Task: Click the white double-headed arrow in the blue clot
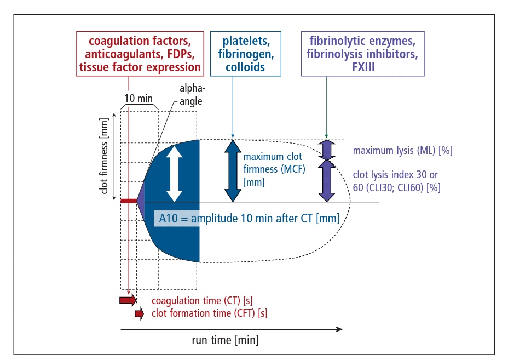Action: pos(174,174)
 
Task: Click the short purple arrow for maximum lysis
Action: pos(327,149)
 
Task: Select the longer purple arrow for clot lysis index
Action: pos(327,179)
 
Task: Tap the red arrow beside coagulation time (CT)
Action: pos(128,300)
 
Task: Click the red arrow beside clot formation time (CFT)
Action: pos(139,313)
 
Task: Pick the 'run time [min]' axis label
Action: pos(225,340)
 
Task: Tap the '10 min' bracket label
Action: pos(137,99)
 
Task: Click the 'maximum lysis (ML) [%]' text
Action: pos(402,150)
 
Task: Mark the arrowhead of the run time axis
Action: pos(339,329)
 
